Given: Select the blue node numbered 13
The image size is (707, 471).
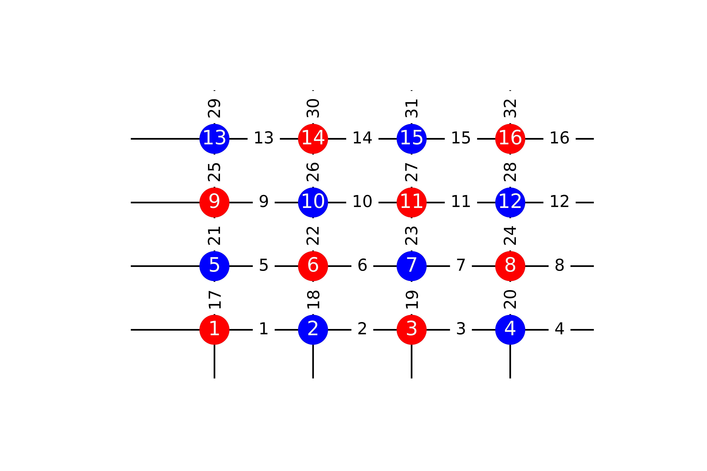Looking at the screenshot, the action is coord(214,139).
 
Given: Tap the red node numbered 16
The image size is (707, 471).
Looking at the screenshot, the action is coord(510,139).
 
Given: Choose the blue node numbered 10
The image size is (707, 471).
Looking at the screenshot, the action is coord(313,202).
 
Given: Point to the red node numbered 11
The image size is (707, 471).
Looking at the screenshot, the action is coord(411,202).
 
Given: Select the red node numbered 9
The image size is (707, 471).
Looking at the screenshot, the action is coord(214,202).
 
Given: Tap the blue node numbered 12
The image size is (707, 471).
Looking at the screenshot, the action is coord(510,202).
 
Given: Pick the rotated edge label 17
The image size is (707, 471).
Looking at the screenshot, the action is coord(214,299).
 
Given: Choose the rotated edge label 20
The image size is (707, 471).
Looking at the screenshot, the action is coord(510,299).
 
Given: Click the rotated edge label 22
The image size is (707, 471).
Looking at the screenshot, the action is coord(313,236).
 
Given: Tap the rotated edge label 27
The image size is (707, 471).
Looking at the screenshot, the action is coord(411,172).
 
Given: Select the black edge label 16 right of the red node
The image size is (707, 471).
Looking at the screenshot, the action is coord(559,138).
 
